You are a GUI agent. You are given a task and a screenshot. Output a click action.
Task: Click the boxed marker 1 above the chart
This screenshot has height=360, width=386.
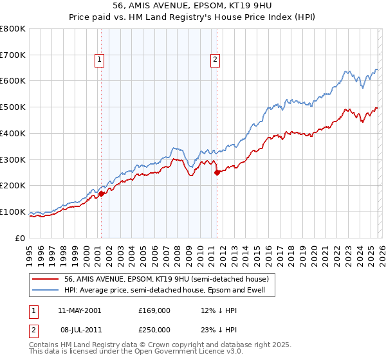[100, 60]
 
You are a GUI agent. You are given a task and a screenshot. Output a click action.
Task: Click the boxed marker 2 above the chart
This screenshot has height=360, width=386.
[215, 60]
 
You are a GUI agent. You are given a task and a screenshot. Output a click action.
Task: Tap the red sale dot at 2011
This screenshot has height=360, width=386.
[217, 172]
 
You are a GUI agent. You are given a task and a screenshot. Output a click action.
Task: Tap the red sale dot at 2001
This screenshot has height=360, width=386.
[102, 194]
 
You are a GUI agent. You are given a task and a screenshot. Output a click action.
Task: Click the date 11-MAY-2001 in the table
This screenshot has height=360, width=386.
[79, 310]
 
